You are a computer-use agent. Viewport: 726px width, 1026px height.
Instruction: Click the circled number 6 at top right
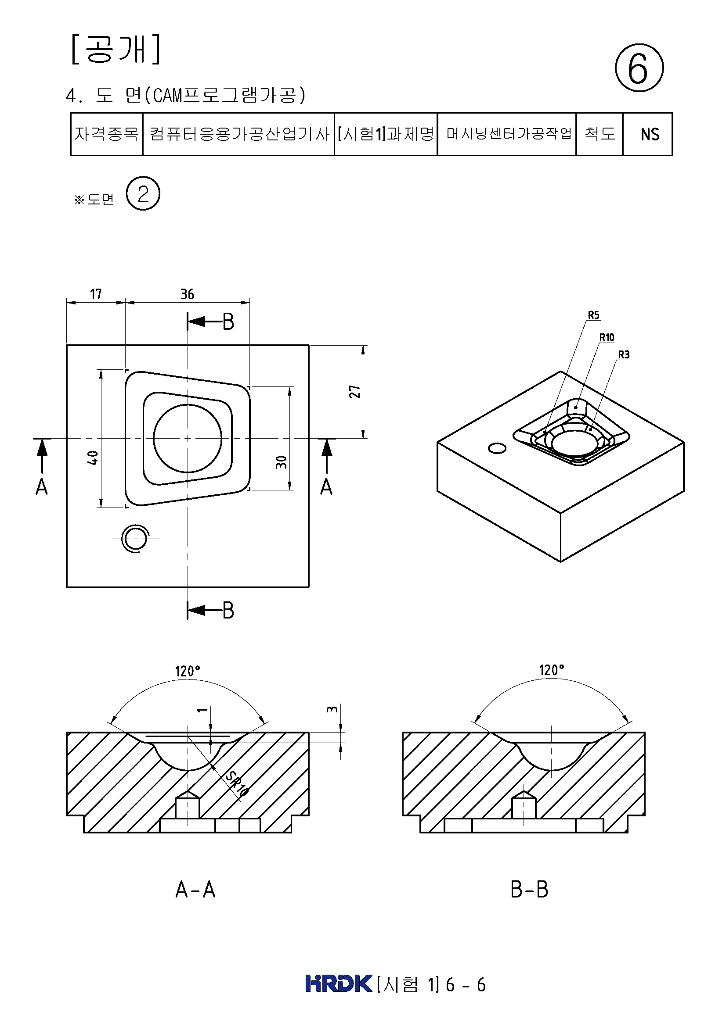[x=639, y=68]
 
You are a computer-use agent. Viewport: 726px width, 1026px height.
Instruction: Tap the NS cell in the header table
[x=650, y=134]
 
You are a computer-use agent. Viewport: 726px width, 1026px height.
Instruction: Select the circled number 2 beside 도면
[x=143, y=194]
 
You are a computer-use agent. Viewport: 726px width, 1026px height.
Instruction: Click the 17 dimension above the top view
[x=96, y=294]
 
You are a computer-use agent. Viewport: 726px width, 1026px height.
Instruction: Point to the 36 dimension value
[x=187, y=294]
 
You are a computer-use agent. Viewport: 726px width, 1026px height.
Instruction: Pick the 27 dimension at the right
[x=355, y=392]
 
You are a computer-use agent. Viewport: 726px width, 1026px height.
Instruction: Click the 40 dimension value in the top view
[x=92, y=458]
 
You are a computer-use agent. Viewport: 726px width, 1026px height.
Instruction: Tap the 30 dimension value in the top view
[x=281, y=462]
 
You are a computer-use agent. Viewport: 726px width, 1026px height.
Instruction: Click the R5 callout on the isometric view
[x=593, y=315]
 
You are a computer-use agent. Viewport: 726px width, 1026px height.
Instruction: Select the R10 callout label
[x=607, y=337]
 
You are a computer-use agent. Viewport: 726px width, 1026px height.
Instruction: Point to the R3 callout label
[x=624, y=354]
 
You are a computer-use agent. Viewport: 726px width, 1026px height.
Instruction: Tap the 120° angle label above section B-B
[x=551, y=670]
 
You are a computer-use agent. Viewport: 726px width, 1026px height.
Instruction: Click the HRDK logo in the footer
[x=339, y=983]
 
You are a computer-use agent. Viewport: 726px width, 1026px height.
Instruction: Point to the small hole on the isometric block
[x=497, y=448]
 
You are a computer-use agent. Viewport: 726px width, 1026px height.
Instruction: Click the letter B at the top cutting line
[x=228, y=322]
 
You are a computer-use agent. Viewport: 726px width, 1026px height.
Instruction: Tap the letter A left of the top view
[x=42, y=486]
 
